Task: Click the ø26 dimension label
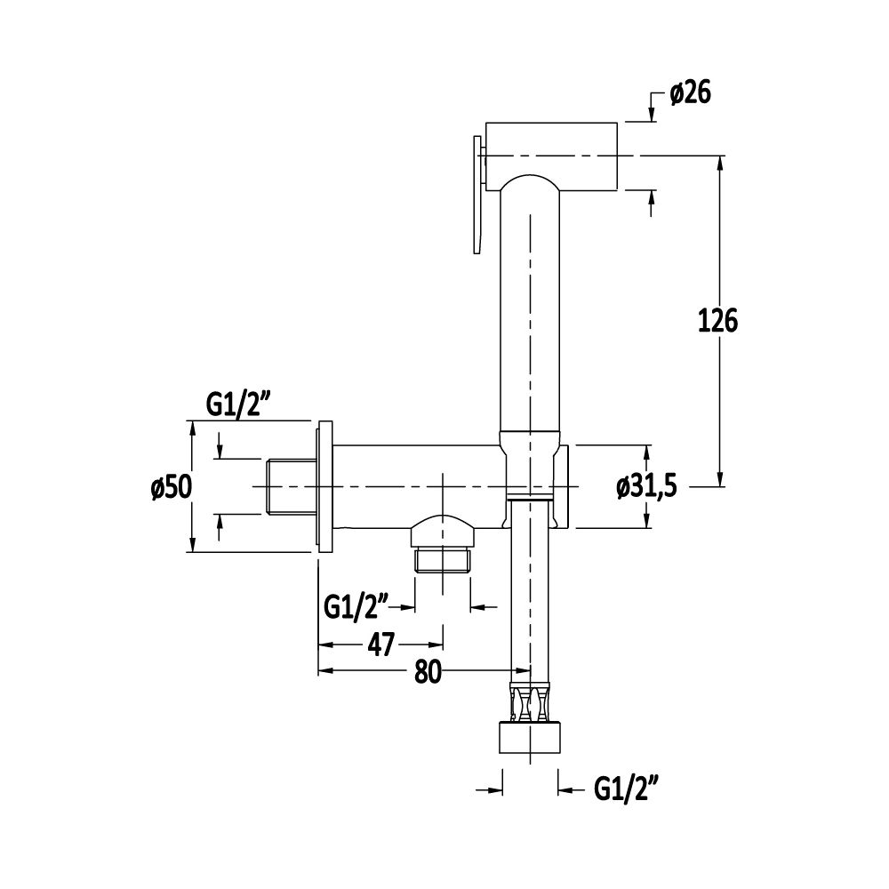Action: click(690, 92)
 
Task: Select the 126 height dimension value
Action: click(717, 322)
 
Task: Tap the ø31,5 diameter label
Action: click(647, 486)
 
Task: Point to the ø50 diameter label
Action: click(172, 487)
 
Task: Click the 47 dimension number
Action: click(381, 645)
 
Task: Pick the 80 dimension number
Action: click(428, 672)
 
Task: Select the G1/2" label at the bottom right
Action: click(626, 788)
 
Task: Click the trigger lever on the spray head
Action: click(477, 194)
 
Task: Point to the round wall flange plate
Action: click(324, 486)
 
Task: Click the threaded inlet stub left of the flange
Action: click(291, 487)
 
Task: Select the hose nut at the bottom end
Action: click(530, 738)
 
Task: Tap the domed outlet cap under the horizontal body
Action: click(443, 529)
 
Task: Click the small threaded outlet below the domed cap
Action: click(443, 559)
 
